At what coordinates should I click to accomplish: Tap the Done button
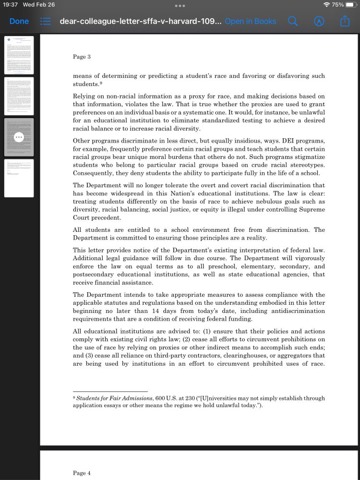[19, 21]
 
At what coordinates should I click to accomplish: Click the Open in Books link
[250, 21]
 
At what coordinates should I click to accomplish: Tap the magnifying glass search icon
[293, 21]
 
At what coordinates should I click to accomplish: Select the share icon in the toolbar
[345, 21]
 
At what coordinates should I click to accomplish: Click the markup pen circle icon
[319, 21]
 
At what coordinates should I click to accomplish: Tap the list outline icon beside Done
[46, 21]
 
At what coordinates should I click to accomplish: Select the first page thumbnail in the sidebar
[19, 55]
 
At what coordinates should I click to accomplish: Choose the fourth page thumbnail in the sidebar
[19, 178]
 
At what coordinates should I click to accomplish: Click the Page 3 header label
[82, 57]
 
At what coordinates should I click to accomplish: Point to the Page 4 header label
[82, 473]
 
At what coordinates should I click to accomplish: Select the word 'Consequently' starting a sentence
[94, 173]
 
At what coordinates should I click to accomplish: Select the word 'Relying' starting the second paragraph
[84, 96]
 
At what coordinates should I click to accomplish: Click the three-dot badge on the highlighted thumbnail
[19, 137]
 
